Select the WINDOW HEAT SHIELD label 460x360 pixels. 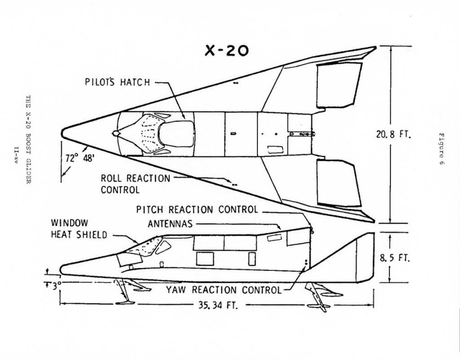coord(79,229)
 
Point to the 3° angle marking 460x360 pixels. coord(53,284)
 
